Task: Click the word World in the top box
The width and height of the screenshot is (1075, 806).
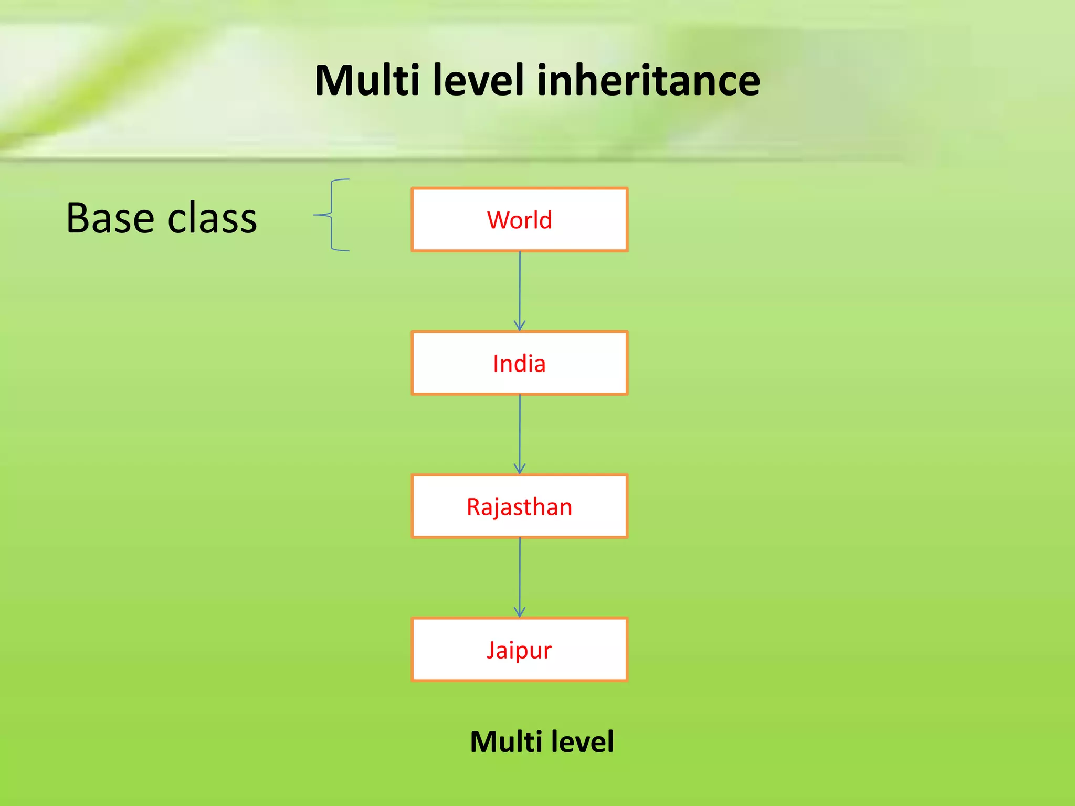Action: point(519,220)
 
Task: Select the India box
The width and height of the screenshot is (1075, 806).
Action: point(519,363)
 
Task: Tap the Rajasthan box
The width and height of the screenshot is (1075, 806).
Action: point(519,506)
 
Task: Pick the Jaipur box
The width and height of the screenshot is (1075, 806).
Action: point(519,650)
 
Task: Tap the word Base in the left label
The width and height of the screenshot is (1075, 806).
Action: point(110,218)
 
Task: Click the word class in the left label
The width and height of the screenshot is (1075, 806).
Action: point(213,218)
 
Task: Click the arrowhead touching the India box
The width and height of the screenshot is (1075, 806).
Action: point(520,325)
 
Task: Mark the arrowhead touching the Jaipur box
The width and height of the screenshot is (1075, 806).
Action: point(520,612)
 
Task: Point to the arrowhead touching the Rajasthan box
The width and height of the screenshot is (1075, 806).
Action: point(520,469)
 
